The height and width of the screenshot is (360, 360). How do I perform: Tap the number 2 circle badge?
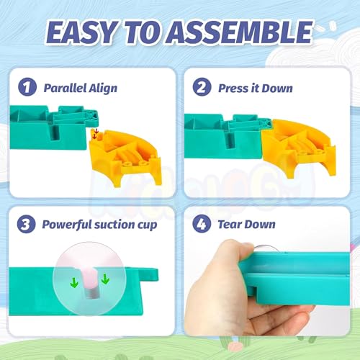(x=202, y=87)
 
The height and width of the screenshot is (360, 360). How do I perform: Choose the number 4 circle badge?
(x=202, y=224)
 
